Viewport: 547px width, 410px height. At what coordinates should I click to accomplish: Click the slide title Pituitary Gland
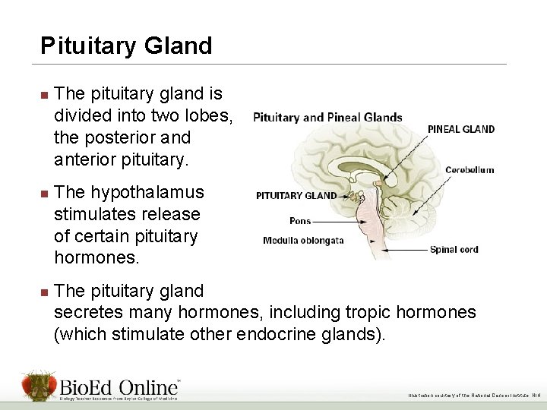pos(126,46)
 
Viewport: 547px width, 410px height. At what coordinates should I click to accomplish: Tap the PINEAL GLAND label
pos(461,129)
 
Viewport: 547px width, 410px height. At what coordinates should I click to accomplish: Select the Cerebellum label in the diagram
pos(470,170)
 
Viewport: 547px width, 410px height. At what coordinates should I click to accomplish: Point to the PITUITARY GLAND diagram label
pos(296,195)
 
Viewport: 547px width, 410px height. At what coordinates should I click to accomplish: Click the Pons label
pos(300,221)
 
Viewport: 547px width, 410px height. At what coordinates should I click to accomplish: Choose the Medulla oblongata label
pos(303,241)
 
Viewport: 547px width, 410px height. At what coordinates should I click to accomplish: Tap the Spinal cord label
pos(454,248)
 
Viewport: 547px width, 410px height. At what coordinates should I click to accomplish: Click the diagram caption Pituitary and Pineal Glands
pos(327,117)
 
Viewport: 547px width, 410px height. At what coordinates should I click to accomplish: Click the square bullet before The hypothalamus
pos(44,194)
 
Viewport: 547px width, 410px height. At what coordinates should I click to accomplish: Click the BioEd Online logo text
pos(121,383)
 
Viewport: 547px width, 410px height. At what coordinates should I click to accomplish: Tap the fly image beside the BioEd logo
pos(39,386)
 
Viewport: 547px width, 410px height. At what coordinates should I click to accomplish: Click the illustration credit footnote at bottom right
pos(473,395)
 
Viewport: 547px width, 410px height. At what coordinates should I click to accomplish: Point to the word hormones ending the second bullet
pos(96,257)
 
